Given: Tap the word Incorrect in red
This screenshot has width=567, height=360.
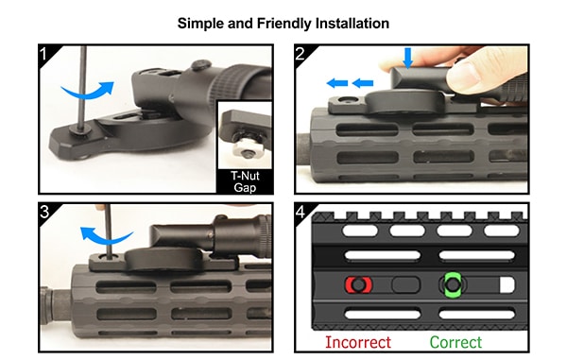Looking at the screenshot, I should (359, 342).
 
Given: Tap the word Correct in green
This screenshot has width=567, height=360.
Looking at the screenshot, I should (455, 342).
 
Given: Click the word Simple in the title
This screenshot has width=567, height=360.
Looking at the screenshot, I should (202, 21).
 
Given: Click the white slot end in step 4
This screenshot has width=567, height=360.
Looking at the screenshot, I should (505, 284).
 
